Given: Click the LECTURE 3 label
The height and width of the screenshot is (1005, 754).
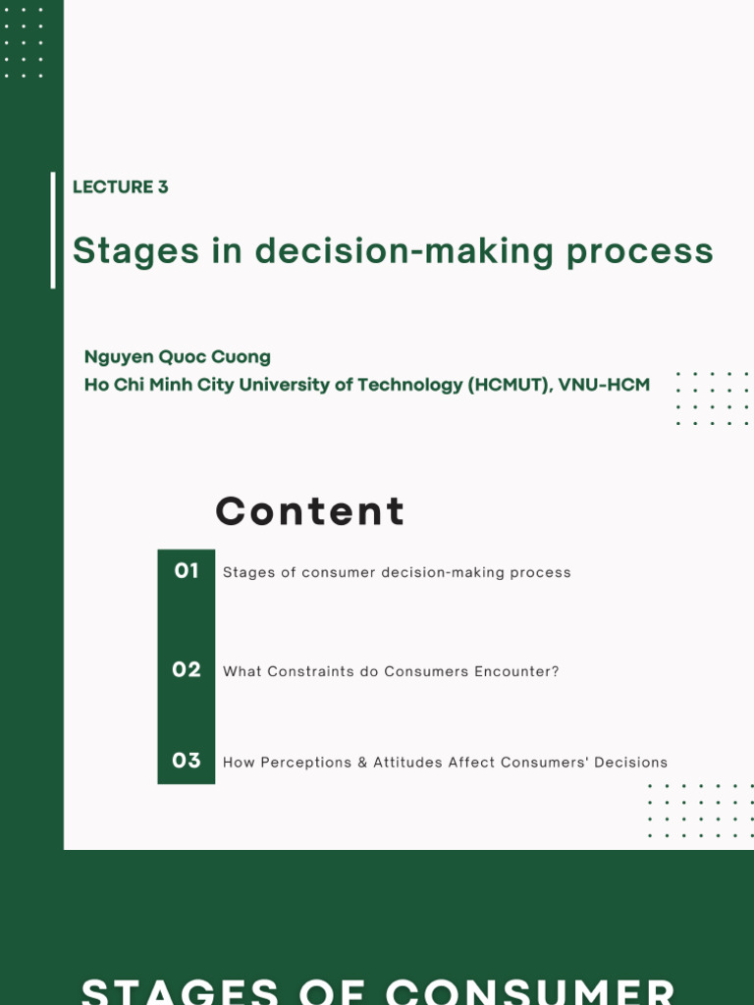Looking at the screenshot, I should (x=120, y=186).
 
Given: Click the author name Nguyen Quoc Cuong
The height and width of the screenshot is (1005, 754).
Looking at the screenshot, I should (x=178, y=356).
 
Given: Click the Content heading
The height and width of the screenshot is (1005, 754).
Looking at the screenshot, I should (x=309, y=511).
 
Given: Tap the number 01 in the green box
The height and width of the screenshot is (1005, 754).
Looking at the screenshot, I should (x=187, y=570).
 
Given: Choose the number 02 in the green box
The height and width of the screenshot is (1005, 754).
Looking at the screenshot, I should (x=187, y=669).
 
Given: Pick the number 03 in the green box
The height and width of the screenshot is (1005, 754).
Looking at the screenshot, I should (x=187, y=761).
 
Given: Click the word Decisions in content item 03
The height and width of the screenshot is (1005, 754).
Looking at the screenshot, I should (x=631, y=763).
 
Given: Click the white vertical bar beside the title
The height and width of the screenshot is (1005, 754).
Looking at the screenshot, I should (x=53, y=230).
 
